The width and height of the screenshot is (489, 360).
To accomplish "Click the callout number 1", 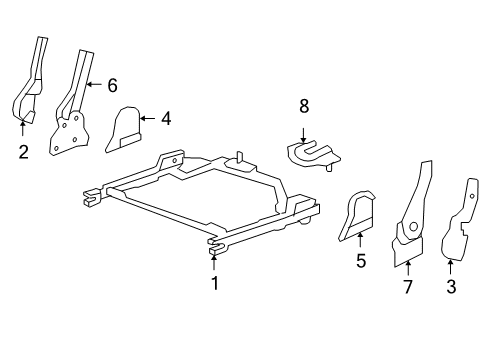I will click(214, 283).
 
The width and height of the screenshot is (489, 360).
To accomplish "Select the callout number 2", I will click(22, 151).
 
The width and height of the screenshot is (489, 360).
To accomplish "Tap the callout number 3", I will click(451, 287).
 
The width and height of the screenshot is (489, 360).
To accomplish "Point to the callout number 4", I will click(166, 118).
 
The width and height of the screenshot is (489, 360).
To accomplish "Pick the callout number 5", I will click(360, 262).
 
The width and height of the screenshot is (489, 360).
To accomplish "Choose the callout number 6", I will click(112, 85).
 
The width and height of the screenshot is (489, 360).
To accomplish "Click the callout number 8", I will click(304, 105).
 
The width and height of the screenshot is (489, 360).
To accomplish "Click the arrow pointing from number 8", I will click(304, 128).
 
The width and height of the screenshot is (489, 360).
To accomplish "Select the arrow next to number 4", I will click(147, 118).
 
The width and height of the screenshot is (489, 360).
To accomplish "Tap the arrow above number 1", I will click(214, 262).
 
